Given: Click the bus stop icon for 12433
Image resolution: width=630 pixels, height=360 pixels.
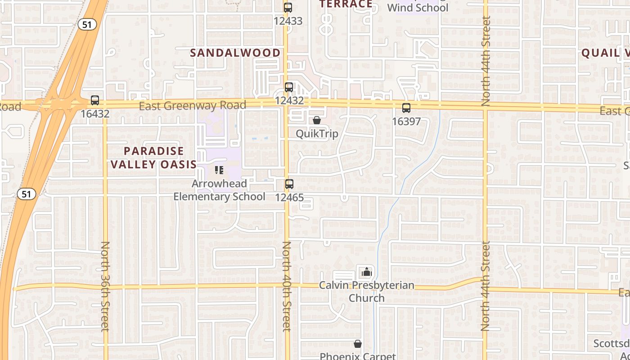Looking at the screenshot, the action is [x=288, y=8].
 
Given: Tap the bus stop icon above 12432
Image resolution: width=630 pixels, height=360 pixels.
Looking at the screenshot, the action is [x=288, y=87].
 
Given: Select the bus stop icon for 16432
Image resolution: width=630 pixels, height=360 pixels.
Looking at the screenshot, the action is [x=95, y=100].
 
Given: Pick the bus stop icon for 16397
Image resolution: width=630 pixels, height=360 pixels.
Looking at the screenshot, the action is [x=406, y=108].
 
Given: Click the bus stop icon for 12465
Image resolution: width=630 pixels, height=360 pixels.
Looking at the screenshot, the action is [x=289, y=184].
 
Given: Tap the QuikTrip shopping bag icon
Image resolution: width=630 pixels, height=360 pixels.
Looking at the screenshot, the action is [x=317, y=120].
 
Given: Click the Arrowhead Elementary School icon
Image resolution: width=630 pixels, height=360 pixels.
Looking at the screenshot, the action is [x=219, y=170].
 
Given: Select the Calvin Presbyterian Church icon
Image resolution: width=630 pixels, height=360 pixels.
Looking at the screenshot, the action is [x=366, y=272].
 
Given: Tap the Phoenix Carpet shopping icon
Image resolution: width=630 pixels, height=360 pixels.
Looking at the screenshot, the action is [x=358, y=344].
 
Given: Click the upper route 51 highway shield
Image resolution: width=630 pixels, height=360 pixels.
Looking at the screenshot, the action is [x=87, y=24].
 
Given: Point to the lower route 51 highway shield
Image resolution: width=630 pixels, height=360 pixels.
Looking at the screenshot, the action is [x=26, y=194].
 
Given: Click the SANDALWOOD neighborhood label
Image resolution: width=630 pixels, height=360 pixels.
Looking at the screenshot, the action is [x=235, y=53].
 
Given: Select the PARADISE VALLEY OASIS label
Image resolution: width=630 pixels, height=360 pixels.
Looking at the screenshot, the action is [x=154, y=157].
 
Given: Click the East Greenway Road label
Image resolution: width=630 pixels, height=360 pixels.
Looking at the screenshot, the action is [x=192, y=106].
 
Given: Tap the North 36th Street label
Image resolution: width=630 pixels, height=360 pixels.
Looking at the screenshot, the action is [x=105, y=286].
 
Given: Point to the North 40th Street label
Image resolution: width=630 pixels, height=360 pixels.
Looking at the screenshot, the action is [x=287, y=286].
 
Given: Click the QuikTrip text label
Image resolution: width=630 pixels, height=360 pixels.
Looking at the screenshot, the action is [x=317, y=134].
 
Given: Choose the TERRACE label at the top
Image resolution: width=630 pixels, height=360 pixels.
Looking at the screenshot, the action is [x=346, y=4].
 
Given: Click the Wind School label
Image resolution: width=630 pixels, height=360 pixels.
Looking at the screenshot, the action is [x=418, y=8].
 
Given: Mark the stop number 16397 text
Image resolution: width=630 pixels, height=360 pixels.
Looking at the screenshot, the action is [x=406, y=121].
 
